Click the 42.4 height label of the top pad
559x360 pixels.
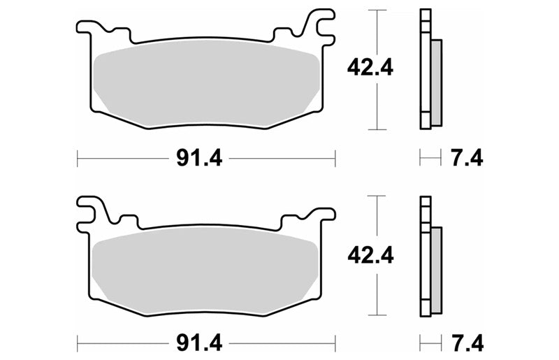click(x=370, y=67)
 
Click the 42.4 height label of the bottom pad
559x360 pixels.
click(x=370, y=255)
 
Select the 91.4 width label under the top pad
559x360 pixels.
click(x=199, y=158)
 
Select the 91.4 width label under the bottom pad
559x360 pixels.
click(x=199, y=343)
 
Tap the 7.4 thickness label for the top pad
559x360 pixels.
click(x=467, y=158)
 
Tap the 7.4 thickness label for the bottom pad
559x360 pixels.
click(x=467, y=343)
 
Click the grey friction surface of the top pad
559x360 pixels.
click(x=206, y=82)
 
